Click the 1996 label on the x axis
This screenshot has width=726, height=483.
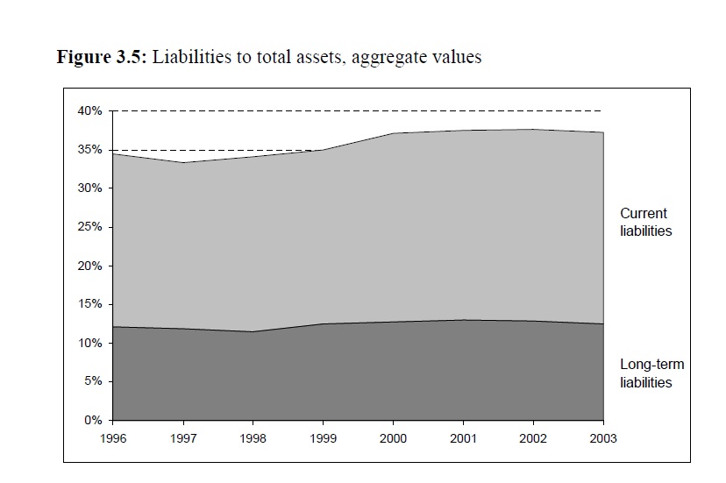(x=112, y=437)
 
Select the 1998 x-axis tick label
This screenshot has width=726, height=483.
(x=253, y=437)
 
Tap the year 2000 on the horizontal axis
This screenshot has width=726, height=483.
(x=394, y=437)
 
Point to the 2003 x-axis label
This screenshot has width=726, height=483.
(x=604, y=437)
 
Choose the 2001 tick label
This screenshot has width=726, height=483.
(x=464, y=437)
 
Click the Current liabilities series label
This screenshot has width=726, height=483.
(x=645, y=223)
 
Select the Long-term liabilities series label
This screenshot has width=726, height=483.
(x=651, y=373)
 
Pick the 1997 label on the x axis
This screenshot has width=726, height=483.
(x=182, y=437)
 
